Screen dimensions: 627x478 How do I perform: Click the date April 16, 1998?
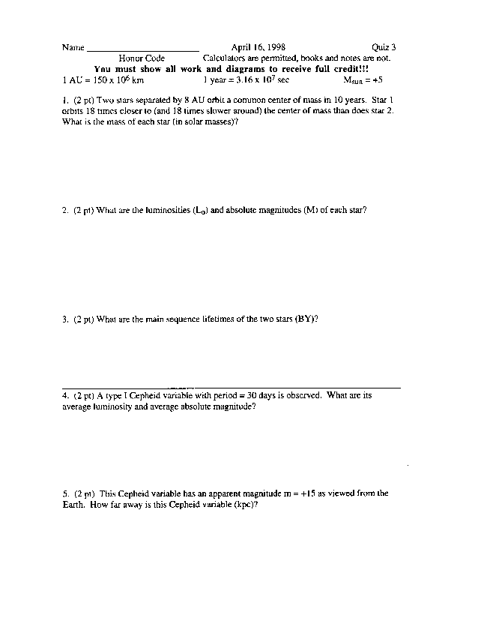point(258,46)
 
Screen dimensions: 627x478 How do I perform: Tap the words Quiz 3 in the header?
point(384,46)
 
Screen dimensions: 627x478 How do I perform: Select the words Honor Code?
point(142,58)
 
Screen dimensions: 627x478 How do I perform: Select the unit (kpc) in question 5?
point(246,505)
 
